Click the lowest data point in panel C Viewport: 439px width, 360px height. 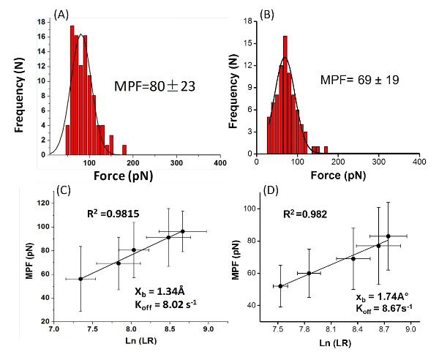click(x=80, y=279)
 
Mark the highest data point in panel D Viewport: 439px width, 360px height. click(x=388, y=236)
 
